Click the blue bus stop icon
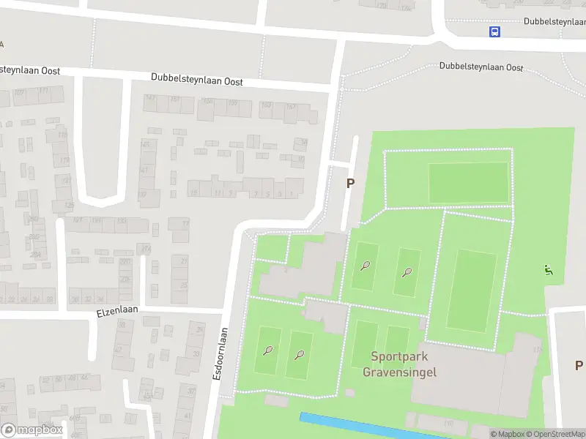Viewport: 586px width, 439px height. [x=495, y=31]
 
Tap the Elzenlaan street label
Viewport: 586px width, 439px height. [x=117, y=312]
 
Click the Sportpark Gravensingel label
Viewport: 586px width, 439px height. [x=400, y=364]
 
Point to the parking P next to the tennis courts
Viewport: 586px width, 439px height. [x=350, y=184]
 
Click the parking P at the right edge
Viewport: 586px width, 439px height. [x=578, y=365]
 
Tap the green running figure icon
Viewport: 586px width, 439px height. [x=548, y=270]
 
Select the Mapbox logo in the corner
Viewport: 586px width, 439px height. [x=32, y=430]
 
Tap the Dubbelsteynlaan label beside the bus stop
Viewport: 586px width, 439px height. [x=554, y=21]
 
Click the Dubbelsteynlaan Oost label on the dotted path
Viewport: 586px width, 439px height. [x=481, y=67]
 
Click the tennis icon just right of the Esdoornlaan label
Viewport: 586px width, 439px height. [x=268, y=351]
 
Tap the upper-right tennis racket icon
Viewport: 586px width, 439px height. [x=407, y=272]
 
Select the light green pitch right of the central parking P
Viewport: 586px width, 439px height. [x=467, y=182]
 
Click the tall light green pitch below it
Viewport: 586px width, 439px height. [x=472, y=290]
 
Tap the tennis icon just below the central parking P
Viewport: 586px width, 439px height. [x=365, y=266]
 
